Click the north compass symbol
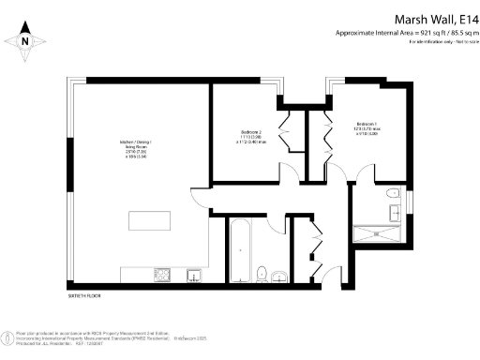pos(25,40)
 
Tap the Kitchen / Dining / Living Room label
pos(137,149)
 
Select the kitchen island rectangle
pos(152,221)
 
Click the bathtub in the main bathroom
pos(238,249)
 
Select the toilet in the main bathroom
pos(263,273)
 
